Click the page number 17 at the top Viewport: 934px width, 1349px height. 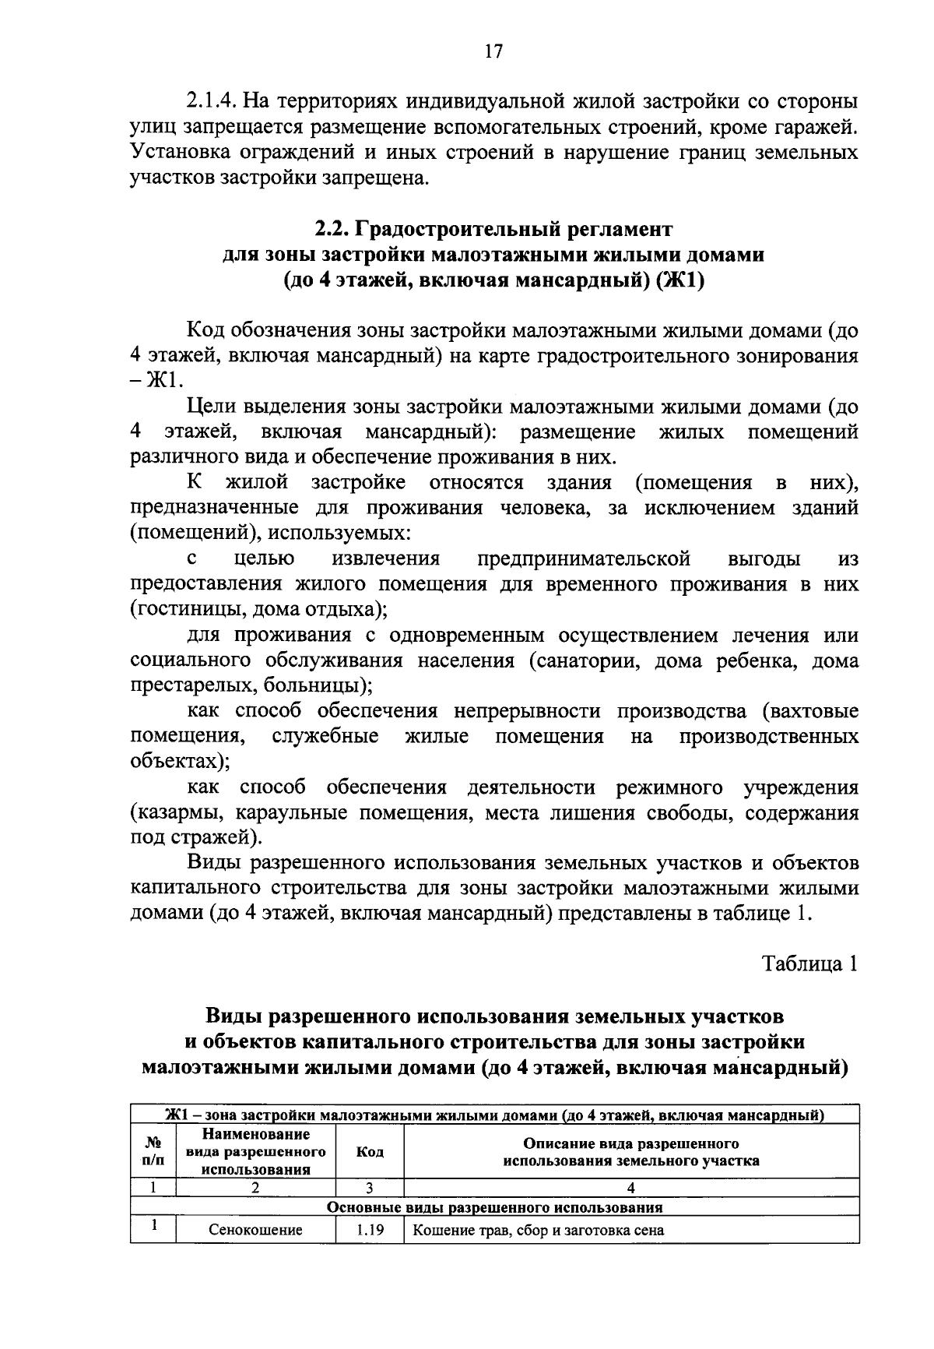pyautogui.click(x=493, y=51)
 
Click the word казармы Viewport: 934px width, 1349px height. pyautogui.click(x=173, y=813)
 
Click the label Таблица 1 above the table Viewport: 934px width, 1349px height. pyautogui.click(x=810, y=963)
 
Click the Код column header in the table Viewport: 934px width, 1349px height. pyautogui.click(x=370, y=1152)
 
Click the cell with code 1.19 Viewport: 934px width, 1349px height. pyautogui.click(x=370, y=1231)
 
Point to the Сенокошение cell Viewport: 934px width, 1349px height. pyautogui.click(x=255, y=1231)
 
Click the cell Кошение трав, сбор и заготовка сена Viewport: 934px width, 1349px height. pyautogui.click(x=538, y=1231)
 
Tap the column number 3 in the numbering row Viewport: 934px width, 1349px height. pyautogui.click(x=370, y=1188)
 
